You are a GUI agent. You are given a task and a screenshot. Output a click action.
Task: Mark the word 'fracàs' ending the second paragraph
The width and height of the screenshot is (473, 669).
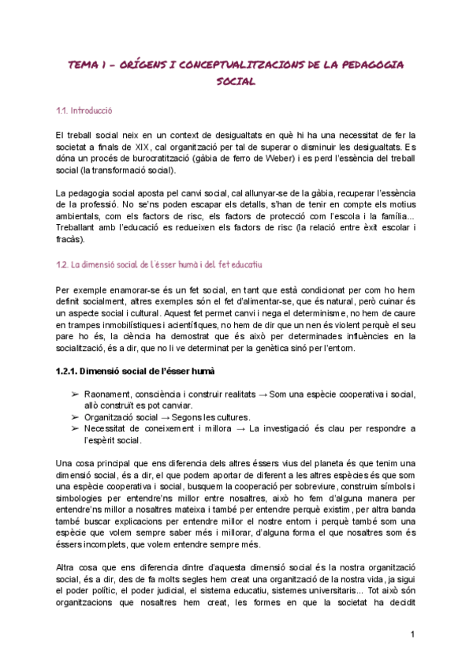coord(70,241)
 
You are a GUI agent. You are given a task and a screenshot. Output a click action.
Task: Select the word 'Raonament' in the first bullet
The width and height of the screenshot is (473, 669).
coord(107,394)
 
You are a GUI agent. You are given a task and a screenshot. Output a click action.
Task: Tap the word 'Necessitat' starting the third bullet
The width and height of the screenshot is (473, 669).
coord(107,428)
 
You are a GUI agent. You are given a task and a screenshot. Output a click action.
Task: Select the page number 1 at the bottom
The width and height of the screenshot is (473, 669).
coord(412,634)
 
